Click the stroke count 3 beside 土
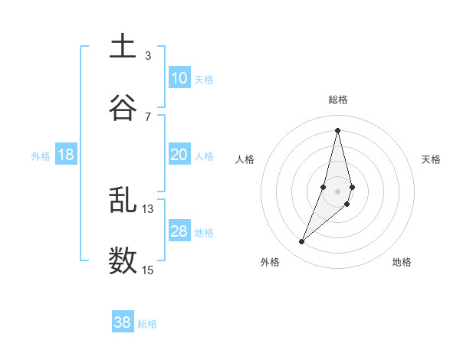click(148, 55)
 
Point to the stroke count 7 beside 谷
click(148, 116)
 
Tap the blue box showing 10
click(179, 78)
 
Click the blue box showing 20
click(179, 155)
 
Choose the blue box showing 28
click(179, 231)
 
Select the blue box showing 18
click(66, 155)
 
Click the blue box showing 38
click(123, 322)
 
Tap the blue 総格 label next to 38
click(147, 324)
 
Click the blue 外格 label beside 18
click(41, 156)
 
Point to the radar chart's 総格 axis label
click(338, 100)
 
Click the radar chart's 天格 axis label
click(432, 159)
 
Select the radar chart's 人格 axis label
click(245, 159)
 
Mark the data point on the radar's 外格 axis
click(302, 242)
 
